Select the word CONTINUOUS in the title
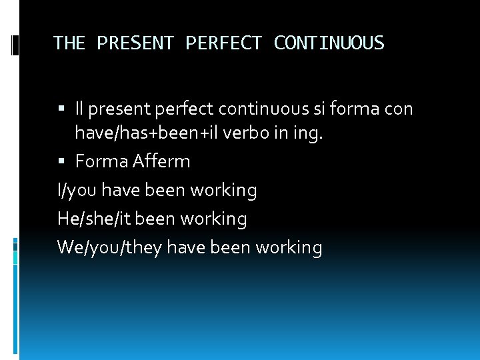point(329,43)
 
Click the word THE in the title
point(70,43)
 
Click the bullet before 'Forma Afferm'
point(63,161)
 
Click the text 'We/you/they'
point(109,248)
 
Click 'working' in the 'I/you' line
point(223,191)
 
